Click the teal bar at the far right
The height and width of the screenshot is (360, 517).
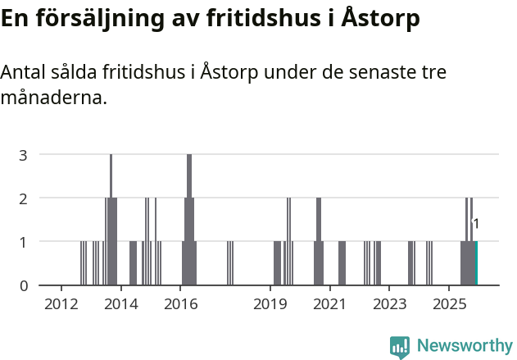(x=476, y=263)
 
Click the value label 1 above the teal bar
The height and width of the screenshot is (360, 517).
(x=476, y=224)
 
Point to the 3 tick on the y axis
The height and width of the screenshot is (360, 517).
(x=24, y=154)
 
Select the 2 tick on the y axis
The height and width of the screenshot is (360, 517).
(x=24, y=198)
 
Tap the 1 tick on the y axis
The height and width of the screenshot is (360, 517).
(x=24, y=242)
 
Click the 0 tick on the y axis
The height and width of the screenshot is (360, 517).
(x=24, y=285)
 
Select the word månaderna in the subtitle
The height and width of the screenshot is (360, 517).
(x=54, y=98)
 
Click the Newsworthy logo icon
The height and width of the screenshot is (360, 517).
(x=400, y=346)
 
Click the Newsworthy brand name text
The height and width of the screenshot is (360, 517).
(x=464, y=346)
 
